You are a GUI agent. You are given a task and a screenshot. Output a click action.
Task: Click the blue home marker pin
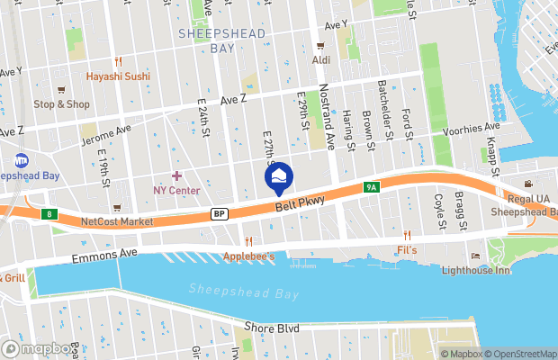click(279, 176)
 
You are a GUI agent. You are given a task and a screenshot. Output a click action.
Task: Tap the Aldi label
click(320, 59)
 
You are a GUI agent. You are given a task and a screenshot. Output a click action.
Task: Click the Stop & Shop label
click(61, 103)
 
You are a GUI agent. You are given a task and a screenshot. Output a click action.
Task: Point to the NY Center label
click(176, 190)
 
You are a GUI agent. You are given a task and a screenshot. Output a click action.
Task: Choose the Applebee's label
click(249, 256)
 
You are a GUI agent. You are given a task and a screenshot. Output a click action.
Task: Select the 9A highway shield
click(371, 188)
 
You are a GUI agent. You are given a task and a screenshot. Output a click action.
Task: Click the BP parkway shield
click(219, 213)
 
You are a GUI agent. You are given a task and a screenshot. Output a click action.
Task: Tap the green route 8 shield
click(49, 213)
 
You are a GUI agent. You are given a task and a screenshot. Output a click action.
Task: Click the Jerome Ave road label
click(106, 135)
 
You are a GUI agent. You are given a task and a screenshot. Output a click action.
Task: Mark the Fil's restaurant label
click(408, 249)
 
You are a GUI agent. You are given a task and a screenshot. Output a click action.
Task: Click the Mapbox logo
click(40, 348)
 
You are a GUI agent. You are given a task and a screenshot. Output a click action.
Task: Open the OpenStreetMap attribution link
click(520, 354)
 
